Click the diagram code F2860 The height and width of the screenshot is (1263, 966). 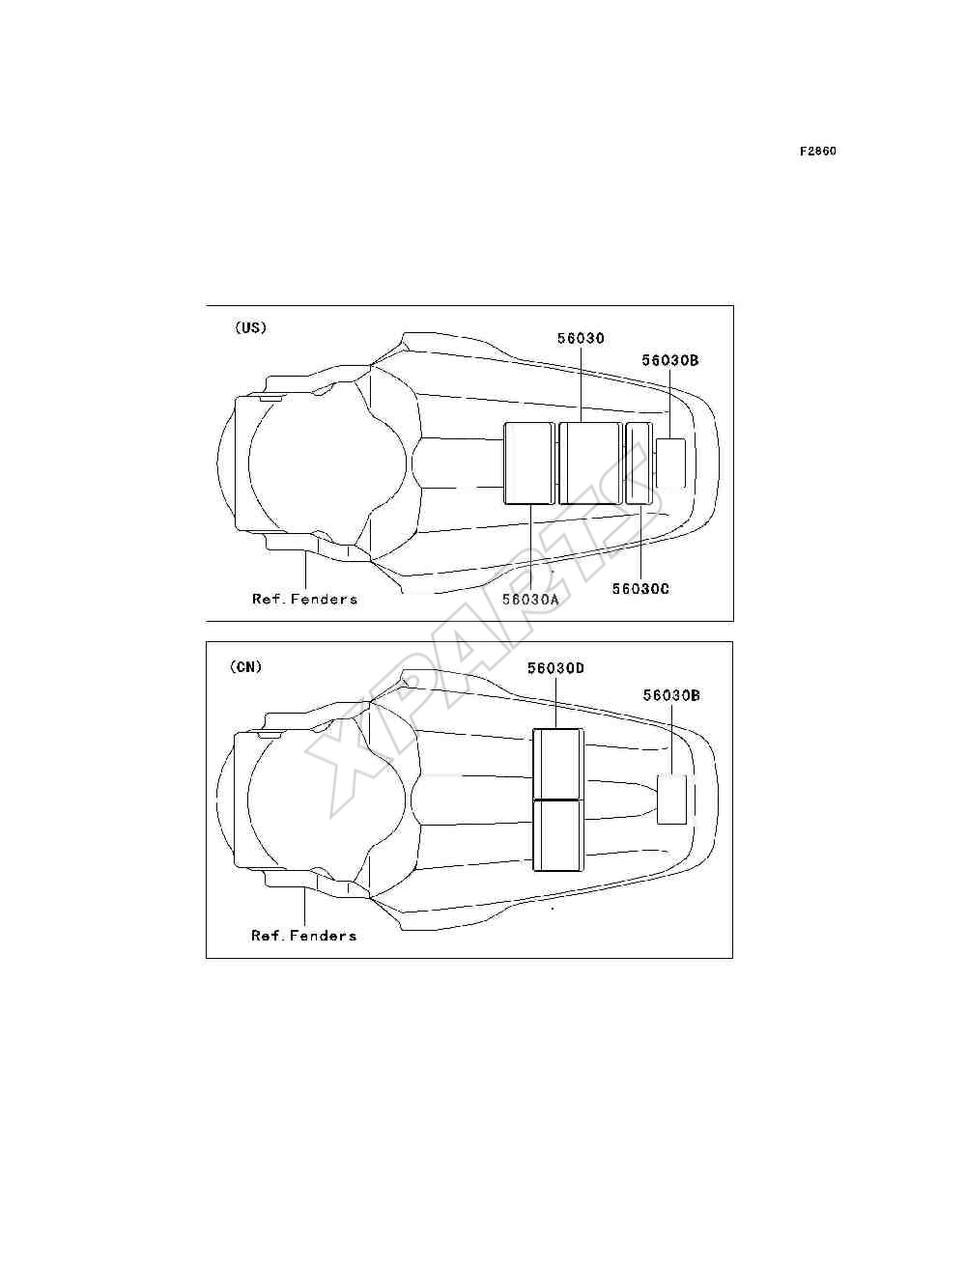tap(817, 152)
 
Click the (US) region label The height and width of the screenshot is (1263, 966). tap(250, 327)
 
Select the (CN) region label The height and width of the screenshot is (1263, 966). tap(245, 667)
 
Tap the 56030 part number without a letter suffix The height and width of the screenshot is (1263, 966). tap(581, 338)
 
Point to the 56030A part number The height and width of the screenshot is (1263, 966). tap(530, 599)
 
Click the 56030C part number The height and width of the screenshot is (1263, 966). tap(640, 589)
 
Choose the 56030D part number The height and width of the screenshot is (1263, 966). tap(555, 668)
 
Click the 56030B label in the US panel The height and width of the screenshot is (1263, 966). tap(670, 360)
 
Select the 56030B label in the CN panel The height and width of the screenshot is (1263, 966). tap(671, 695)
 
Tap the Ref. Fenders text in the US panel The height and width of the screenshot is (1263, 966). tap(304, 599)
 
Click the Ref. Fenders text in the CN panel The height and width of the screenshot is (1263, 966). tap(303, 936)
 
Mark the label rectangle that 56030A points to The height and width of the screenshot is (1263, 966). tap(528, 463)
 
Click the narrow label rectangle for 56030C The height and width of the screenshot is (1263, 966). tap(639, 463)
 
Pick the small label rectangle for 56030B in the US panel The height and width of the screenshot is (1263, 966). tap(670, 463)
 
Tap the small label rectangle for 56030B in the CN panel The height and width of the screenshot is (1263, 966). tap(671, 800)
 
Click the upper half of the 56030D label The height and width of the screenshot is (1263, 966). tap(557, 764)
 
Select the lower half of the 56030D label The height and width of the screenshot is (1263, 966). tap(557, 835)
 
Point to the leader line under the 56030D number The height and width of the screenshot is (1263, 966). tap(555, 703)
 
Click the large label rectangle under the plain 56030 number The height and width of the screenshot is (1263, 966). tap(590, 463)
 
